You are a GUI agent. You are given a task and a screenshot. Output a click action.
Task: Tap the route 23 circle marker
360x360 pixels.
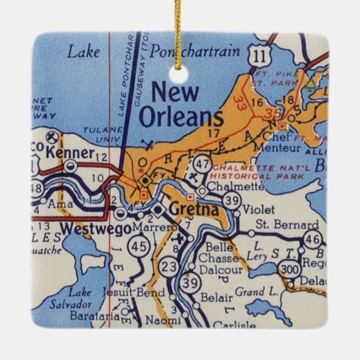click(x=168, y=267)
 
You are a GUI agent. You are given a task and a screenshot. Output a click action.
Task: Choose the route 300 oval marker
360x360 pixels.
click(x=290, y=270)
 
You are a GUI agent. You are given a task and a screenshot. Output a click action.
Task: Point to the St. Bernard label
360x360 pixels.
click(x=287, y=225)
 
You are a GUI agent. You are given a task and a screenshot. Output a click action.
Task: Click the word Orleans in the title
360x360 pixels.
click(x=181, y=117)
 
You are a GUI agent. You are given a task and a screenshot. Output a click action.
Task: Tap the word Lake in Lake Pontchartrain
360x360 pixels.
click(x=84, y=52)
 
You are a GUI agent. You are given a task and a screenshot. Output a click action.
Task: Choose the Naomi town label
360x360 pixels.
click(x=163, y=320)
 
